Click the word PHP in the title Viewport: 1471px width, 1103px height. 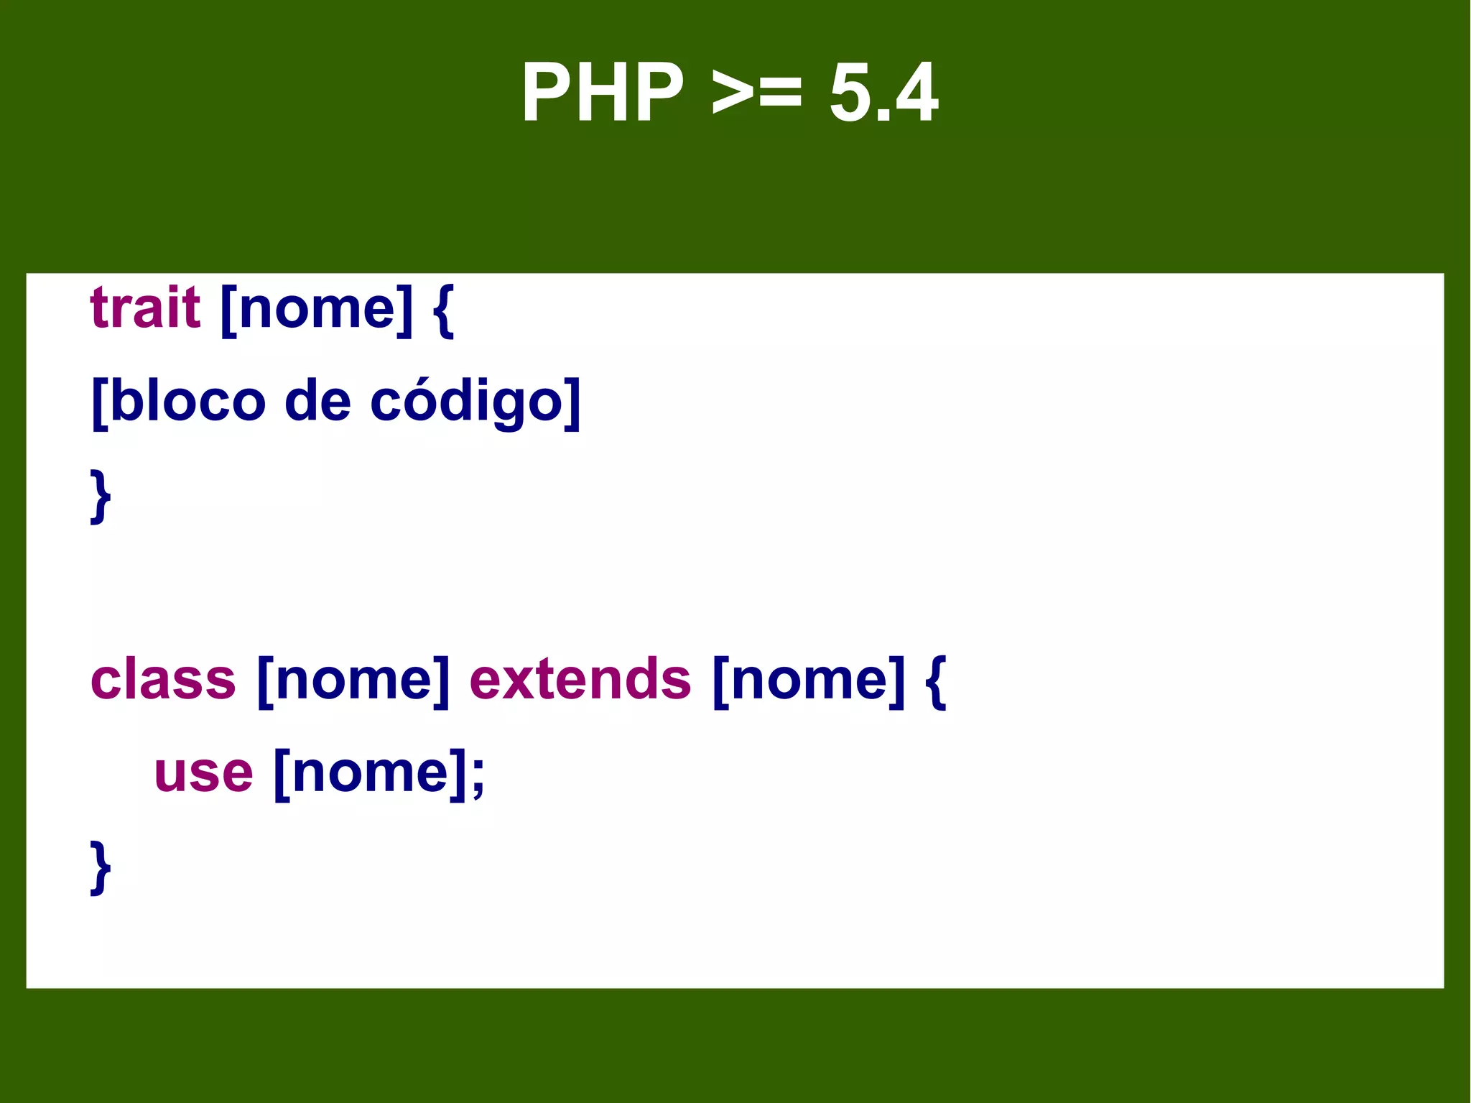pyautogui.click(x=603, y=93)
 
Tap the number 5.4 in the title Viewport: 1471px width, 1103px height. pyautogui.click(x=883, y=93)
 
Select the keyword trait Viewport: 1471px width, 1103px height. pyautogui.click(x=145, y=308)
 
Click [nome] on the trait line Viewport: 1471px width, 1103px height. pyautogui.click(x=317, y=310)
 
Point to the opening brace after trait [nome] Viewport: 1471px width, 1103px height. pyautogui.click(x=443, y=310)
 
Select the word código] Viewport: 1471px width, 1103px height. pyautogui.click(x=475, y=402)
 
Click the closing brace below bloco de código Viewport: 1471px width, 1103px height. pyautogui.click(x=101, y=496)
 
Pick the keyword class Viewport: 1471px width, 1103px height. pyautogui.click(x=163, y=679)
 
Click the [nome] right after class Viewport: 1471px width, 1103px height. pyautogui.click(x=353, y=680)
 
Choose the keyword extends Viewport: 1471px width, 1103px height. pyautogui.click(x=580, y=679)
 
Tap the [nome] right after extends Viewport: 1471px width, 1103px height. pyautogui.click(x=809, y=680)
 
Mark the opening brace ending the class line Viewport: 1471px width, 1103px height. pyautogui.click(x=935, y=680)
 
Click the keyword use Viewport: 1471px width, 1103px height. pyautogui.click(x=203, y=773)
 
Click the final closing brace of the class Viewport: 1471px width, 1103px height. pyautogui.click(x=101, y=867)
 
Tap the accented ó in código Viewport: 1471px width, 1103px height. pyautogui.click(x=430, y=401)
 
